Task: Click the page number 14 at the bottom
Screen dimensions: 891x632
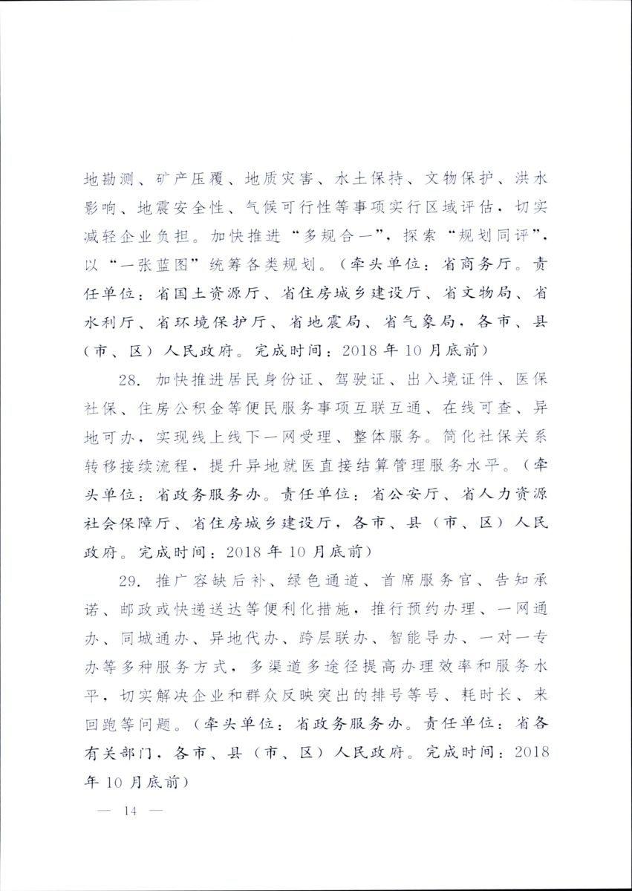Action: coord(134,810)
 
